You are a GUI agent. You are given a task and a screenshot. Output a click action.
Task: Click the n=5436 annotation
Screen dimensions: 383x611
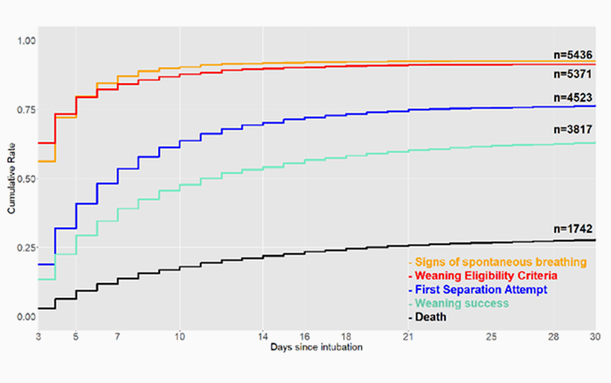573,54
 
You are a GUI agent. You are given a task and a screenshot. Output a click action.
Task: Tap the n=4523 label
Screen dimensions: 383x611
573,98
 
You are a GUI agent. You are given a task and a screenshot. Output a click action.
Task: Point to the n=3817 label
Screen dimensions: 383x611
573,129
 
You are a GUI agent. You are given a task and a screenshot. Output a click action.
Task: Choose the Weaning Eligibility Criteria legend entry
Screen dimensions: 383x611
484,276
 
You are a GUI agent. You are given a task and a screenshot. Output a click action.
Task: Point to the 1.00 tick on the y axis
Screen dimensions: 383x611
25,41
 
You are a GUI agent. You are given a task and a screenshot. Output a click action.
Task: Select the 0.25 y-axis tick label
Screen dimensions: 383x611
25,248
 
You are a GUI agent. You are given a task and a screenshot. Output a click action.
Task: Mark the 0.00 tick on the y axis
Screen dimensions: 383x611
25,317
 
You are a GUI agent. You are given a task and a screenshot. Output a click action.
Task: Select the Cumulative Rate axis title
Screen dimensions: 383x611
11,179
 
